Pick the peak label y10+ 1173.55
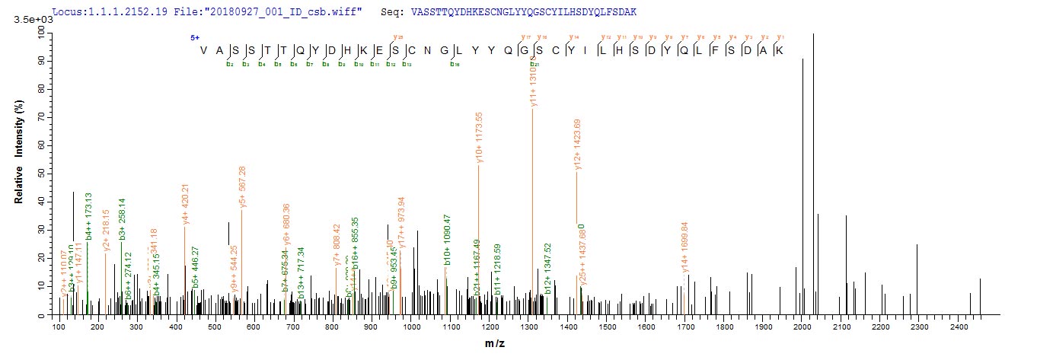click(479, 139)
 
